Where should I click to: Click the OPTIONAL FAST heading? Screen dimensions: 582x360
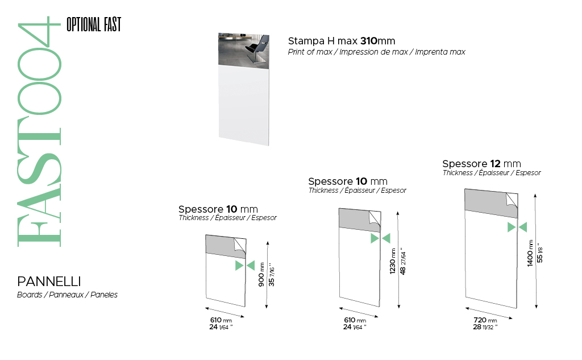pyautogui.click(x=94, y=24)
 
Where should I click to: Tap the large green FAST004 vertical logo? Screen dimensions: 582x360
pyautogui.click(x=39, y=132)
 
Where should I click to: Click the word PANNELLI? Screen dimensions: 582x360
pyautogui.click(x=49, y=282)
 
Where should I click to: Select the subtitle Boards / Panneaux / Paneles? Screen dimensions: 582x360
pyautogui.click(x=67, y=295)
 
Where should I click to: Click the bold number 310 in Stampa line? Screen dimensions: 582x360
pyautogui.click(x=368, y=41)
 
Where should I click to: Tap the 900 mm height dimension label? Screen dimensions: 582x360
pyautogui.click(x=261, y=275)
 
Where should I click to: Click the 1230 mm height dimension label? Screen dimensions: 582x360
pyautogui.click(x=393, y=262)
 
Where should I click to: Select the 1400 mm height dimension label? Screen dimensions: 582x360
pyautogui.click(x=530, y=253)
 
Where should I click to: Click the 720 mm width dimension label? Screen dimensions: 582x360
pyautogui.click(x=485, y=320)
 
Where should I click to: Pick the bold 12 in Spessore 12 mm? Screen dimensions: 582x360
pyautogui.click(x=495, y=164)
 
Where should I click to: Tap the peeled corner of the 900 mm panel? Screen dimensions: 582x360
pyautogui.click(x=240, y=245)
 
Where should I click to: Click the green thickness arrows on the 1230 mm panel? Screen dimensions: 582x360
pyautogui.click(x=380, y=238)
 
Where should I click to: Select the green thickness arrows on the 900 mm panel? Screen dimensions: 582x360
pyautogui.click(x=245, y=266)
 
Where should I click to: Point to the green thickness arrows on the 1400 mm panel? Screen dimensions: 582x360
pyautogui.click(x=517, y=227)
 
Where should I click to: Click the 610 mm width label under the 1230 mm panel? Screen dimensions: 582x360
pyautogui.click(x=355, y=320)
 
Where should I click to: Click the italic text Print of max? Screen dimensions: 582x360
pyautogui.click(x=310, y=52)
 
